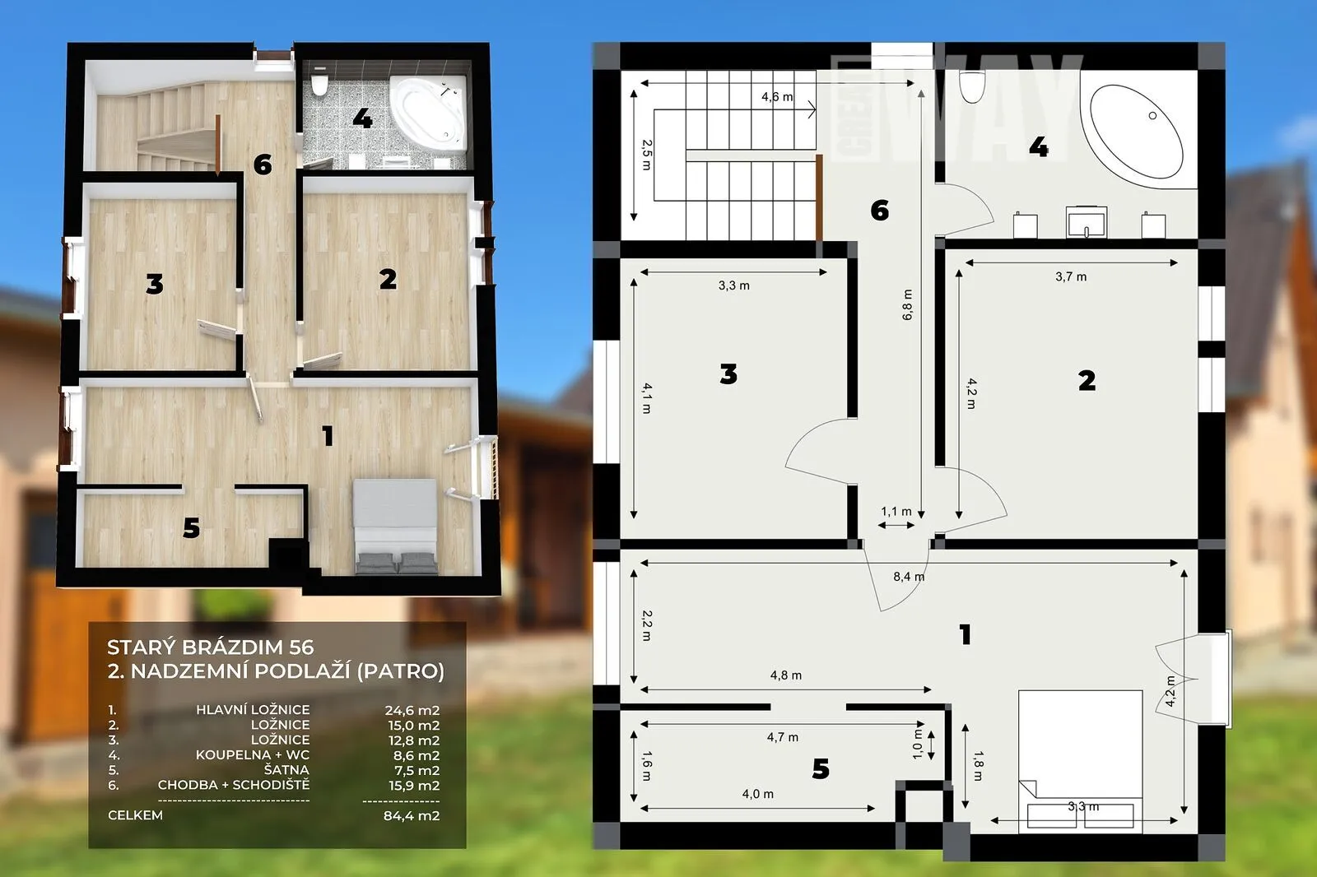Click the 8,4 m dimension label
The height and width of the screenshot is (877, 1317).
(x=909, y=577)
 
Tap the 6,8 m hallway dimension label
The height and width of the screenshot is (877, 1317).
(x=907, y=304)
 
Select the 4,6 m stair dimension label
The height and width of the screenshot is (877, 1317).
(x=777, y=97)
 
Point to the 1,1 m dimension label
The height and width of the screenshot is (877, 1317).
(x=896, y=512)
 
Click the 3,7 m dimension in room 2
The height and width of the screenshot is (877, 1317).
(x=1071, y=276)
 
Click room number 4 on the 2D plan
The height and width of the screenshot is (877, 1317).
(x=1038, y=147)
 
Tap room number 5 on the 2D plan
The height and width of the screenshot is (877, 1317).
(x=820, y=769)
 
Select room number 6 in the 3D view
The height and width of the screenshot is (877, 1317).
(x=263, y=165)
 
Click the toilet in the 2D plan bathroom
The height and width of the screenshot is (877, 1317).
(x=971, y=87)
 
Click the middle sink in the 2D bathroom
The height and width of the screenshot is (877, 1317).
(x=1087, y=221)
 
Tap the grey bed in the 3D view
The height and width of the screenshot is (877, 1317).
(x=395, y=526)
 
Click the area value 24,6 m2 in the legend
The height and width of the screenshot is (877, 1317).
(x=412, y=710)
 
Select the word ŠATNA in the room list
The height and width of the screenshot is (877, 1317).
(x=286, y=769)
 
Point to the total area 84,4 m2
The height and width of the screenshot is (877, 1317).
(x=412, y=815)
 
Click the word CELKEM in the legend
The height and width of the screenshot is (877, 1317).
(x=135, y=815)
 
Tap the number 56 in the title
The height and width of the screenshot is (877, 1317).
(x=301, y=647)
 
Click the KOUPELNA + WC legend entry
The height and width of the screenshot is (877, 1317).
(x=253, y=754)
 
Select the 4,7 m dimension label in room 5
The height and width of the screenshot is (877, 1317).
(x=783, y=737)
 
